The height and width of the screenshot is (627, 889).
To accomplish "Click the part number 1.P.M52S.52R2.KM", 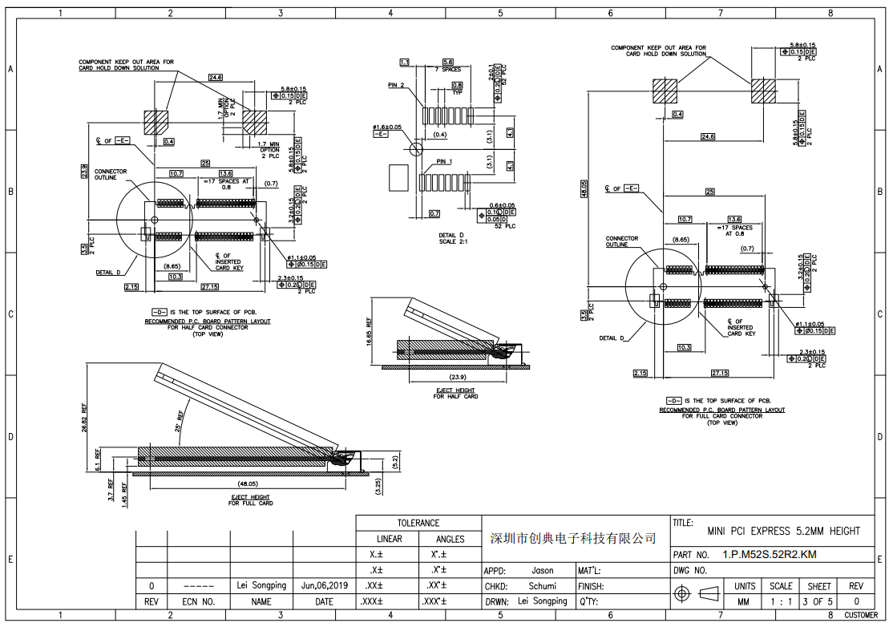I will [770, 554].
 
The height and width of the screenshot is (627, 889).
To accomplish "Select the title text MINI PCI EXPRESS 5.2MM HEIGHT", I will [783, 531].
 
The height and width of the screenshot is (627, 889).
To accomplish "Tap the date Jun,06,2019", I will [324, 585].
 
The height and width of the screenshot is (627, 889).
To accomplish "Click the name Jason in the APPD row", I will [543, 571].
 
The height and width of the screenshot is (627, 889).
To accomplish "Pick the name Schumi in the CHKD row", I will [542, 586].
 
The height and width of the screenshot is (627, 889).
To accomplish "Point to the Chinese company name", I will [572, 538].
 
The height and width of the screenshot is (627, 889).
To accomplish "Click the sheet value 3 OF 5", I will [819, 601].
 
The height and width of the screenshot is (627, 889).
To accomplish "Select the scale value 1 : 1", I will [781, 601].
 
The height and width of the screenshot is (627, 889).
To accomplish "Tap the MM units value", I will [743, 601].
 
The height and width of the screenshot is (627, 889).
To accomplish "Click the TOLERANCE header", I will [418, 523].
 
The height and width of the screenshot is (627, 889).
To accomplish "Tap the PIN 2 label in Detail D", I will [396, 85].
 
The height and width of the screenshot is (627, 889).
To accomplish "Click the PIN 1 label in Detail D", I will [444, 162].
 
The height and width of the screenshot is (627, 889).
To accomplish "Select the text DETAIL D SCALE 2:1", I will [458, 238].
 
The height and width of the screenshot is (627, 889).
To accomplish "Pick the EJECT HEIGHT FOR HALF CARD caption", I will [455, 393].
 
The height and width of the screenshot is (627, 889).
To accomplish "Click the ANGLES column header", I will [450, 539].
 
